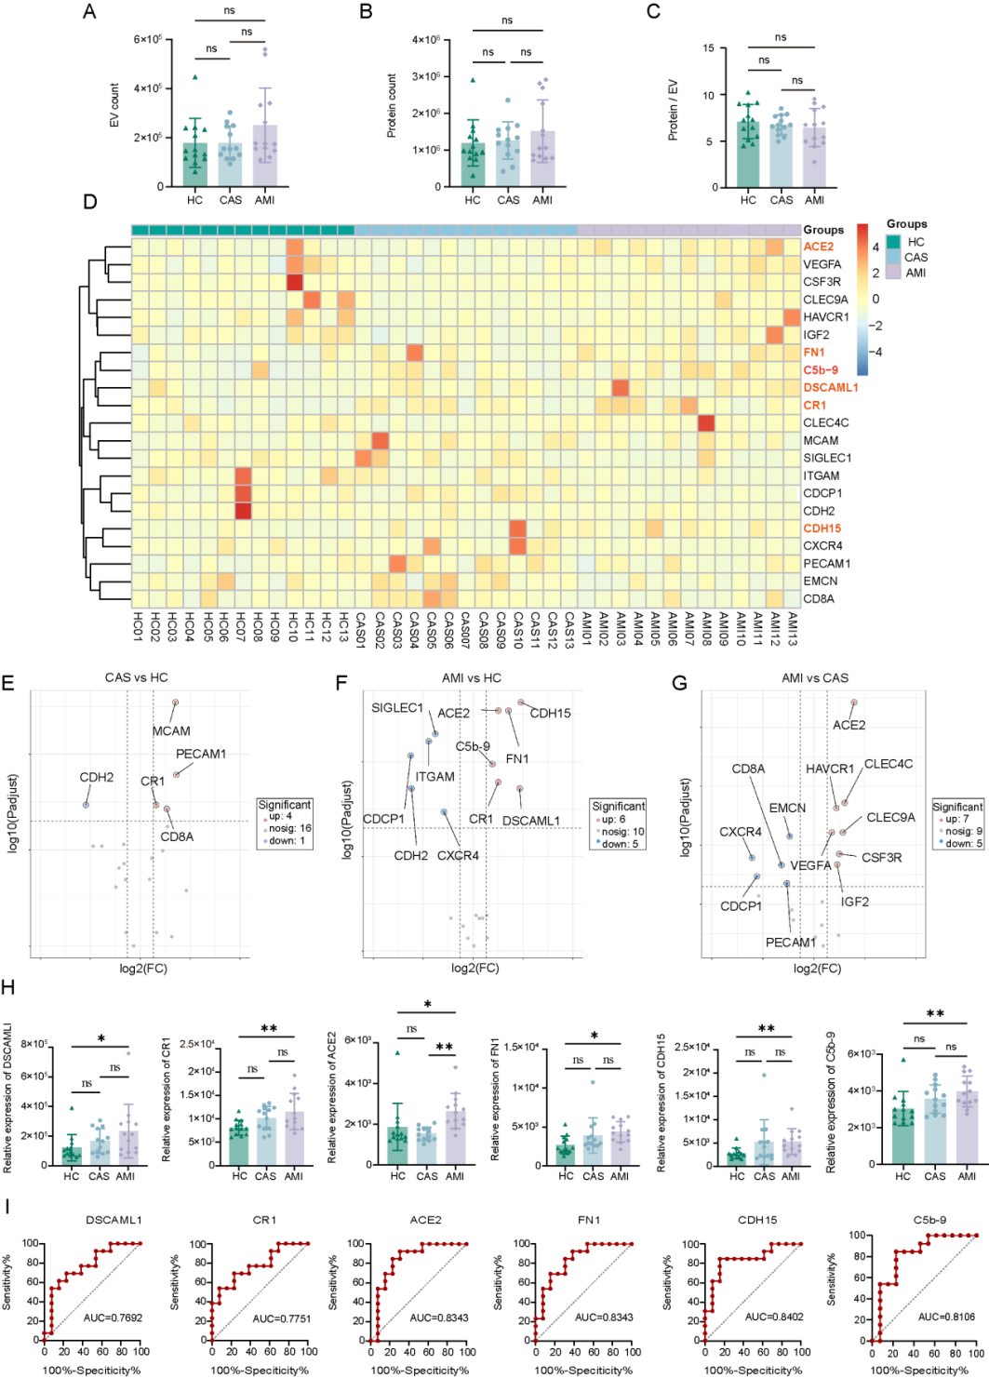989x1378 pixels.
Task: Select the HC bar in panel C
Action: (748, 154)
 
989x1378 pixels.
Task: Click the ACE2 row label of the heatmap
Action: (818, 247)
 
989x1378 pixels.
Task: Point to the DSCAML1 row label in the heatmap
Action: (830, 387)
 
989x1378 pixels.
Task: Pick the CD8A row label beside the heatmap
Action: (819, 598)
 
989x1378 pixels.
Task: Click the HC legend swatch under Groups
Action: (893, 242)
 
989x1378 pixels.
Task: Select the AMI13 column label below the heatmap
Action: (792, 623)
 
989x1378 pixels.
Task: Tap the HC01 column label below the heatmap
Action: (138, 623)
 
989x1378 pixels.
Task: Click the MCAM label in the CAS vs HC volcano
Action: (171, 731)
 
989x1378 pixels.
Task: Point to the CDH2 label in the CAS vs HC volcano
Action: (96, 777)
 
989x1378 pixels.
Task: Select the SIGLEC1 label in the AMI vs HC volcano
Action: (397, 708)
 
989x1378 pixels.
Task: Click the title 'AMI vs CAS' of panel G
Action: (815, 677)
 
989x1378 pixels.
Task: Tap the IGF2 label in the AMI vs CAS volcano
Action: (854, 902)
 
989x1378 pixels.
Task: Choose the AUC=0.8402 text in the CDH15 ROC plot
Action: (774, 1318)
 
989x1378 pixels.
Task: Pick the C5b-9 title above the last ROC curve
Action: (929, 1220)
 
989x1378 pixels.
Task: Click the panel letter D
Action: (89, 202)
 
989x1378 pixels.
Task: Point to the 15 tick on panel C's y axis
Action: (709, 48)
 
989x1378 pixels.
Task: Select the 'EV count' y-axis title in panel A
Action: (114, 105)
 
